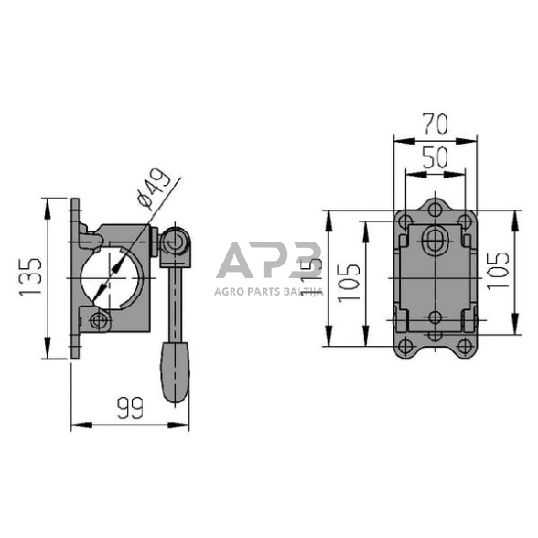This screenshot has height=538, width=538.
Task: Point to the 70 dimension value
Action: [x=435, y=123]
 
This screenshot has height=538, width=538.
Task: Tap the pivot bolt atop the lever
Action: [x=174, y=245]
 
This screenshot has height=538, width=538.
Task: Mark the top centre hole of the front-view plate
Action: [x=435, y=210]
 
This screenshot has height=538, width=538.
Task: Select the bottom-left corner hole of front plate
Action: [x=403, y=345]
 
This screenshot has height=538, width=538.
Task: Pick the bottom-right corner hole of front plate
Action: [x=466, y=345]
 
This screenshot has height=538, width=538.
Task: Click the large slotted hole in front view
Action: [x=435, y=241]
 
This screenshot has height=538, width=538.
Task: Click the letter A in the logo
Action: [x=235, y=264]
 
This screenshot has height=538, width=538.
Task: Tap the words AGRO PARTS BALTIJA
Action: [x=268, y=291]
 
